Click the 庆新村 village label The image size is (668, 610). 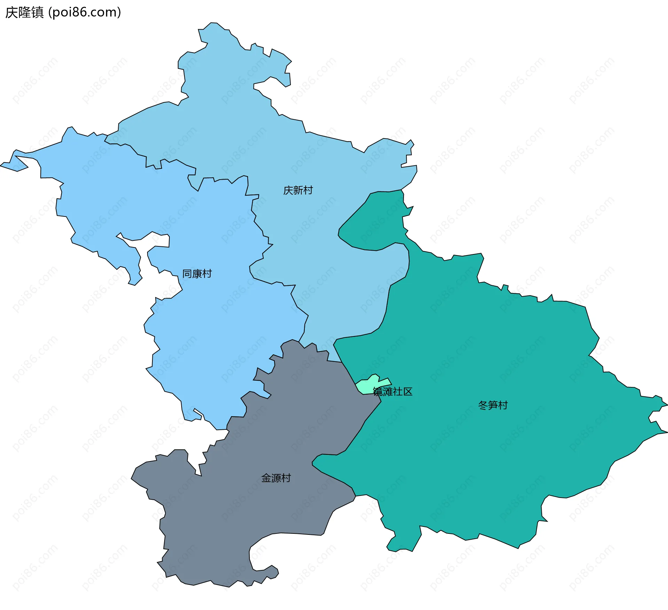[x=298, y=190]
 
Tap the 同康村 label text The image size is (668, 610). [x=197, y=274]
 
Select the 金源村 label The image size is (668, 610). [x=276, y=478]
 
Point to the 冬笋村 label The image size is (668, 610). [x=493, y=405]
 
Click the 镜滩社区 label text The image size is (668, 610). [x=392, y=392]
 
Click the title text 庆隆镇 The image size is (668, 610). [x=24, y=13]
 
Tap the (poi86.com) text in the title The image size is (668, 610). [x=85, y=13]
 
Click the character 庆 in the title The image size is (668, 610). [x=11, y=13]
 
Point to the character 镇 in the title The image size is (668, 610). [x=37, y=13]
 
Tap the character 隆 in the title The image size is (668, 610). [x=24, y=13]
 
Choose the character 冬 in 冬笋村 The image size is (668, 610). [x=483, y=405]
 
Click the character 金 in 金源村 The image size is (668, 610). [x=266, y=478]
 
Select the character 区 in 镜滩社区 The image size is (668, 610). [x=408, y=392]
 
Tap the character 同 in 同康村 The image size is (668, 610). [x=187, y=274]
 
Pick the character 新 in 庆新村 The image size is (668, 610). [x=298, y=190]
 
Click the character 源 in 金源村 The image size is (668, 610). [x=276, y=478]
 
